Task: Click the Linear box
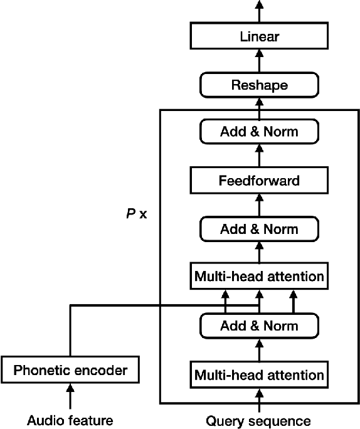point(259,36)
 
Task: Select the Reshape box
point(259,85)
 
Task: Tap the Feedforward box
point(259,181)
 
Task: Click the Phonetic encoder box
point(70,370)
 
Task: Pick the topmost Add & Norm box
point(259,132)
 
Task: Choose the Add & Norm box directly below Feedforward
point(259,228)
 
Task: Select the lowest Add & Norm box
point(259,326)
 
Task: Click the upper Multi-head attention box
point(259,276)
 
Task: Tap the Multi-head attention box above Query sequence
point(259,375)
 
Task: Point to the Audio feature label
point(70,420)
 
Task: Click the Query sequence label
point(258,420)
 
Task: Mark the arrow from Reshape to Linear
point(259,61)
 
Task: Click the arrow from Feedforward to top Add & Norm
point(259,157)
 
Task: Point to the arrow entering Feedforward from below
point(259,204)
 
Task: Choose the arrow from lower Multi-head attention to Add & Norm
point(259,350)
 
